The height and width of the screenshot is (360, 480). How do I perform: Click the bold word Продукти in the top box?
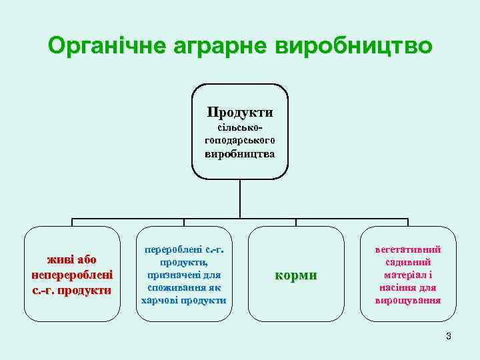239,111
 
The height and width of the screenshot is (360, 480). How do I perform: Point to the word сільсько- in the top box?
240,127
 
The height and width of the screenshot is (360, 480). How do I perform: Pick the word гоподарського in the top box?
240,140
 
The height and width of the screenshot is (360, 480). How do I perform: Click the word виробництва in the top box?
240,154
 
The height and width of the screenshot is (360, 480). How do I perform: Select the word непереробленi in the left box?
72,275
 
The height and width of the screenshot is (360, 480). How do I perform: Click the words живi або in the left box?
72,260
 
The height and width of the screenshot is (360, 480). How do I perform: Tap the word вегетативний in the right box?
408,249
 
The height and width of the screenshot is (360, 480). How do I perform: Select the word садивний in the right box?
408,262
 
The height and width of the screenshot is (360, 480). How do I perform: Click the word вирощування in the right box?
408,300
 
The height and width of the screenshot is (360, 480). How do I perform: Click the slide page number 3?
449,336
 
